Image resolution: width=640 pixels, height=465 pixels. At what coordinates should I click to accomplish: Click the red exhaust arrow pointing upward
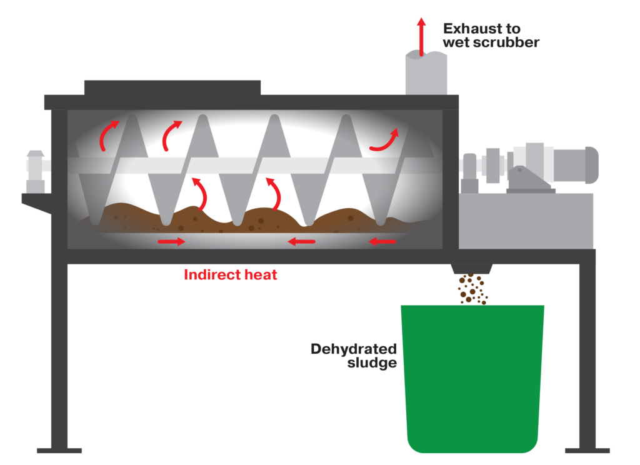pyautogui.click(x=421, y=37)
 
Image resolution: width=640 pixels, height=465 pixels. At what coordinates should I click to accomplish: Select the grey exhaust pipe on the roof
pyautogui.click(x=426, y=74)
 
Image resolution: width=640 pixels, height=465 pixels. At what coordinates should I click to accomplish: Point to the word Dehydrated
pyautogui.click(x=354, y=349)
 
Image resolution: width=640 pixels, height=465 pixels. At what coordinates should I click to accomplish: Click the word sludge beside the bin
pyautogui.click(x=372, y=362)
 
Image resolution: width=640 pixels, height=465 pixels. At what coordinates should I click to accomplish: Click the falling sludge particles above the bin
pyautogui.click(x=472, y=289)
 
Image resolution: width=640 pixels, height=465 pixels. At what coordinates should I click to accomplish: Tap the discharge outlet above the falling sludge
pyautogui.click(x=471, y=269)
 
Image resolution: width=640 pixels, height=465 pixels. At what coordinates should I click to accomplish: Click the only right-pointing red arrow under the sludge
pyautogui.click(x=171, y=242)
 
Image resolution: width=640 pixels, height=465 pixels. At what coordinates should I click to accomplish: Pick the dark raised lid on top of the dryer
pyautogui.click(x=172, y=87)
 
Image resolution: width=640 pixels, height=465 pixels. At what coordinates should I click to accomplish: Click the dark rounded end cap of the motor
pyautogui.click(x=592, y=165)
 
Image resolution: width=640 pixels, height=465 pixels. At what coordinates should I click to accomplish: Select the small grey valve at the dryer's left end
pyautogui.click(x=36, y=171)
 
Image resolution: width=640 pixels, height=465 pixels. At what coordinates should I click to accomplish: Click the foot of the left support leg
pyautogui.click(x=59, y=451)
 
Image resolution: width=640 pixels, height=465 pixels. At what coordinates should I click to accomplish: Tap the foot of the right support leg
pyautogui.click(x=587, y=451)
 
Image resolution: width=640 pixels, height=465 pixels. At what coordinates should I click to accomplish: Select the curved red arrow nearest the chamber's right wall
pyautogui.click(x=384, y=141)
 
